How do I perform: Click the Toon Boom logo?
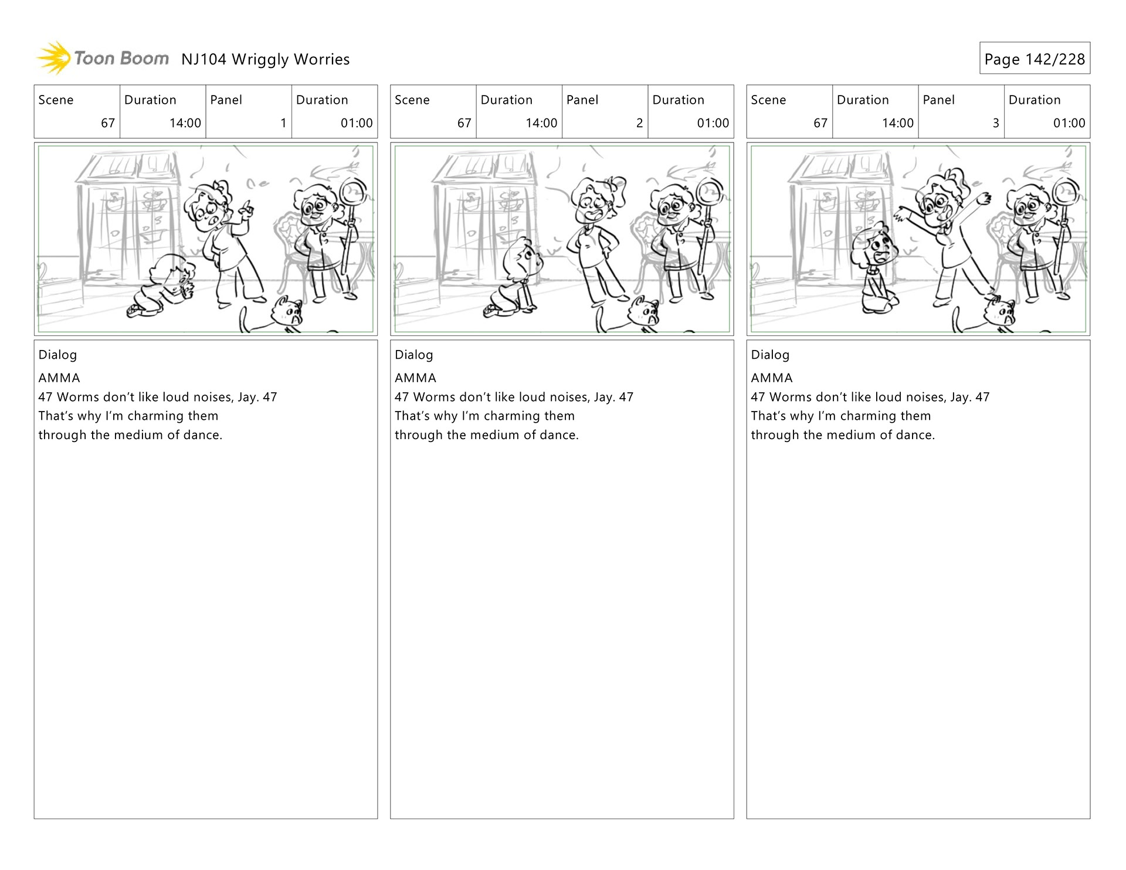pyautogui.click(x=103, y=58)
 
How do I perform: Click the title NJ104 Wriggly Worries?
pyautogui.click(x=265, y=59)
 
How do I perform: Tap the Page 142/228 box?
pyautogui.click(x=1035, y=58)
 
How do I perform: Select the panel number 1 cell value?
pyautogui.click(x=283, y=123)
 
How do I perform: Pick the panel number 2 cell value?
pyautogui.click(x=639, y=123)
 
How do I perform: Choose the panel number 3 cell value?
pyautogui.click(x=995, y=123)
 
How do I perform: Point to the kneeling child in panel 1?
pyautogui.click(x=162, y=286)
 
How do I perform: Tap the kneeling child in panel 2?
pyautogui.click(x=514, y=277)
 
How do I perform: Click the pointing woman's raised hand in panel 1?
pyautogui.click(x=247, y=208)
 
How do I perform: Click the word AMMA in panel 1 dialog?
pyautogui.click(x=59, y=378)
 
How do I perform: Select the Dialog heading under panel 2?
pyautogui.click(x=414, y=355)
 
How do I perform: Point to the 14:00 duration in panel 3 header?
pyautogui.click(x=898, y=123)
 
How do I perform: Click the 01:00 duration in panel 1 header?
pyautogui.click(x=357, y=123)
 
